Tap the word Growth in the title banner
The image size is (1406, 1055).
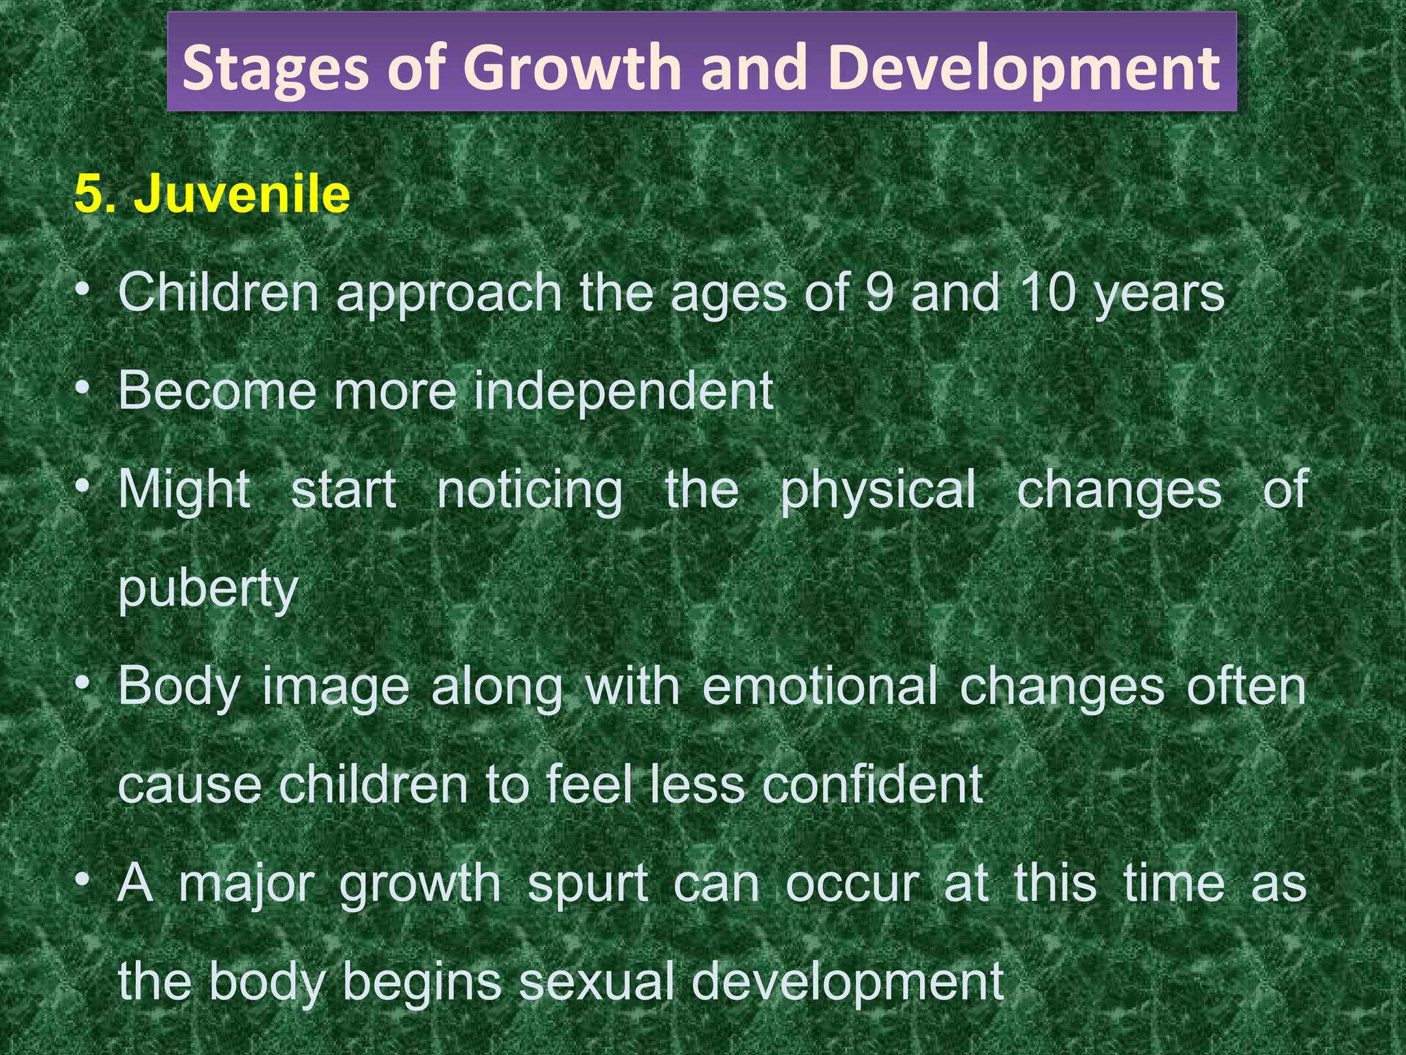click(573, 67)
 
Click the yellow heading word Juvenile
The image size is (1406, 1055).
click(242, 194)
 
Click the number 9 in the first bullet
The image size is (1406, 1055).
click(879, 293)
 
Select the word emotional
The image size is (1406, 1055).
click(820, 688)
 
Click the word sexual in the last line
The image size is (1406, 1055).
click(597, 982)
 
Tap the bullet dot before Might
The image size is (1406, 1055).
click(83, 486)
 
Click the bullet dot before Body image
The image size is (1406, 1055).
click(83, 683)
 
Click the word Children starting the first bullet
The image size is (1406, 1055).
click(219, 293)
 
